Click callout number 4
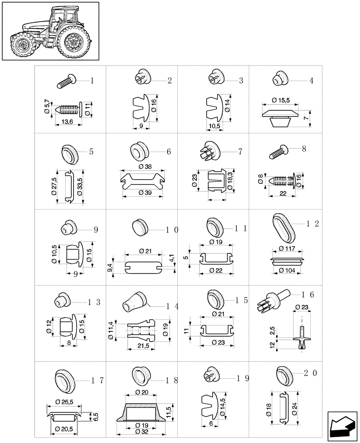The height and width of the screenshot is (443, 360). (311, 81)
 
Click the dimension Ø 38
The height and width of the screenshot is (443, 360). (145, 167)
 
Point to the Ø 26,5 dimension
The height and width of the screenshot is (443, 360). (64, 402)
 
